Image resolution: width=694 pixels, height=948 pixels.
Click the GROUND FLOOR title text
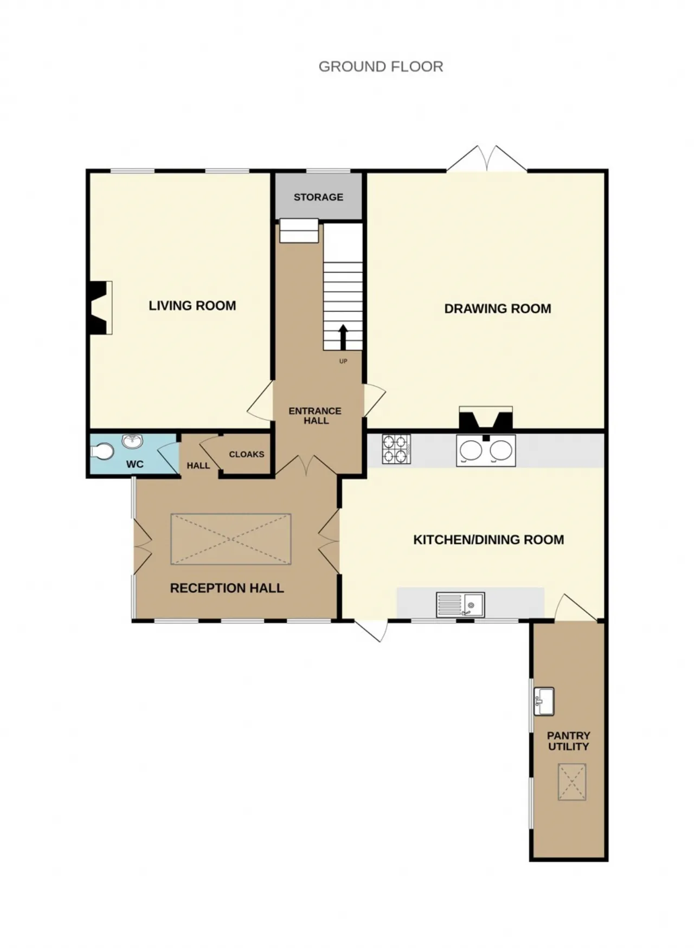tap(381, 67)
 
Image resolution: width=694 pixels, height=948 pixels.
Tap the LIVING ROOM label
tap(192, 306)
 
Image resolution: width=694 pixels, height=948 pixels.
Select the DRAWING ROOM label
tap(498, 309)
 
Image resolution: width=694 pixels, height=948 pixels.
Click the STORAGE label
tap(318, 197)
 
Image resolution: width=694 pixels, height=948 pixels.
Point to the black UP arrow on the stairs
tap(343, 338)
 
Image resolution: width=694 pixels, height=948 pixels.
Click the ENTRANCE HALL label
tap(315, 416)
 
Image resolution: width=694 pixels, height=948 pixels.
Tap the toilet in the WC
tap(102, 451)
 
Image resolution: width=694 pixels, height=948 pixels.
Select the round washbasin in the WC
tap(132, 441)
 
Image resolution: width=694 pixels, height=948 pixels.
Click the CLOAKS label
tap(247, 454)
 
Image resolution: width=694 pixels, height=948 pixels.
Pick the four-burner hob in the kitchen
tap(396, 449)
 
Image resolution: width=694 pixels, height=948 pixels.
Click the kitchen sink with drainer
tap(460, 604)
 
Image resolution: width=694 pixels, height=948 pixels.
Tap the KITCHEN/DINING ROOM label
tap(489, 540)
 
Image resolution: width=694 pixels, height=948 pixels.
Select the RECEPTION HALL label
tap(227, 588)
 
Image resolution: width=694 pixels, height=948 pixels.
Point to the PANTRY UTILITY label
tap(568, 741)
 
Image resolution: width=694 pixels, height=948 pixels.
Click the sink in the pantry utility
tap(544, 702)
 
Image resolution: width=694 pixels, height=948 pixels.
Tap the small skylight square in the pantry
tap(572, 782)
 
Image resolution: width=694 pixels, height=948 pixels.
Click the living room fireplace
tap(99, 307)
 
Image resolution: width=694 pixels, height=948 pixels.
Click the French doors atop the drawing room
tap(487, 159)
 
